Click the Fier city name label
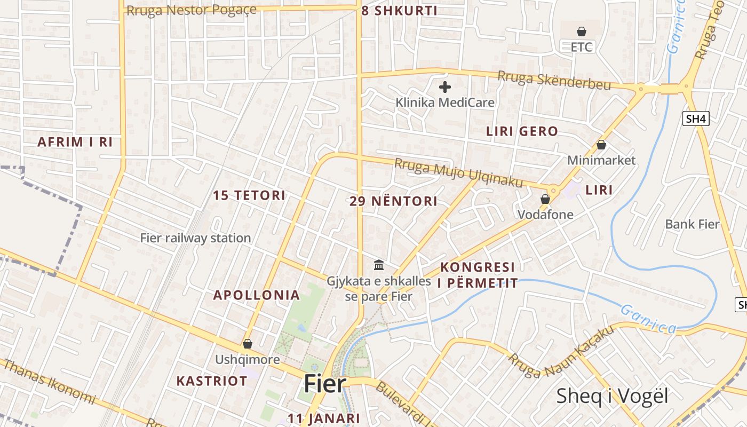tap(325, 384)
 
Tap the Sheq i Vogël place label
tap(612, 396)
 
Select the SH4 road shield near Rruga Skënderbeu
tap(696, 118)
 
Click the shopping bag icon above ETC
tap(582, 32)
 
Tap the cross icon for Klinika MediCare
tap(445, 87)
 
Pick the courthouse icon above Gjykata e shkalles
tap(379, 265)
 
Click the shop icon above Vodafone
tap(545, 199)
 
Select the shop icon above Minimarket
tap(601, 145)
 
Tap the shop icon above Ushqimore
tap(247, 344)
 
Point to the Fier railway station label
tap(195, 238)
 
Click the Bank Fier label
tap(692, 224)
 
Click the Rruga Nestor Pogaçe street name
tap(190, 10)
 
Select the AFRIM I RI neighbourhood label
tap(75, 142)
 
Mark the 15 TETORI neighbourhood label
tap(249, 195)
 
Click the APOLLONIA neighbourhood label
tap(256, 295)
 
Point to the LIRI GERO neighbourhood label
tap(522, 131)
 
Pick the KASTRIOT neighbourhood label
tap(212, 381)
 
